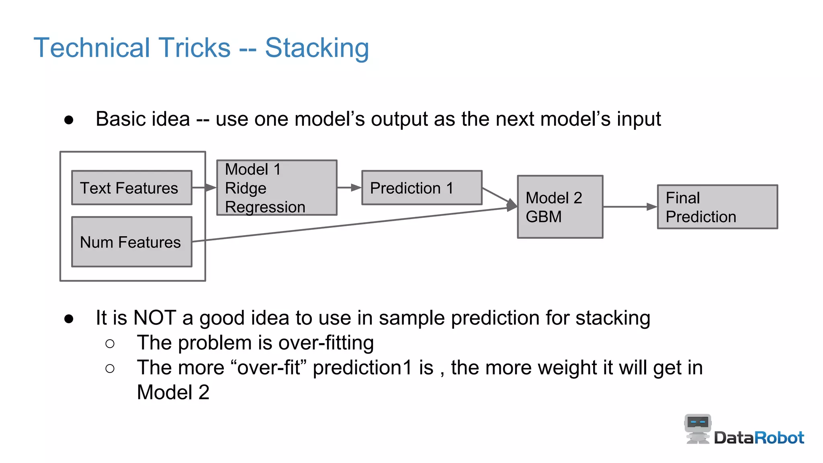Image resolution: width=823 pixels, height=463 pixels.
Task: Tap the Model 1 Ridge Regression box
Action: [x=276, y=188]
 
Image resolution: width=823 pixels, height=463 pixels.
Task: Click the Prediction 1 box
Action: [x=422, y=188]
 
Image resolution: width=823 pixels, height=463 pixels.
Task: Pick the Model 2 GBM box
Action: [x=560, y=207]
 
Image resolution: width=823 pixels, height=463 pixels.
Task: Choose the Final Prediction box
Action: [x=717, y=207]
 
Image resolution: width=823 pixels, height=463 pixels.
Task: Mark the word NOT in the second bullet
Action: [x=154, y=318]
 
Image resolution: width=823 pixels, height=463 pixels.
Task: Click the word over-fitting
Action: [x=326, y=343]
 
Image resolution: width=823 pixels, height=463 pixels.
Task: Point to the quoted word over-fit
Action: [x=269, y=368]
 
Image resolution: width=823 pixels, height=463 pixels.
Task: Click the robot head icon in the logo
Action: [x=698, y=424]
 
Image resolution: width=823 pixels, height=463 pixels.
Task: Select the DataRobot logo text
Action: [x=759, y=438]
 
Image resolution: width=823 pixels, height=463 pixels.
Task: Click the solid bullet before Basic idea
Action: [x=69, y=120]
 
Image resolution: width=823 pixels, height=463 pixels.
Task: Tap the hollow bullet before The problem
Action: [x=110, y=344]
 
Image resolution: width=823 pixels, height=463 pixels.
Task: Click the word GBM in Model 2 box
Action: [x=543, y=217]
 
